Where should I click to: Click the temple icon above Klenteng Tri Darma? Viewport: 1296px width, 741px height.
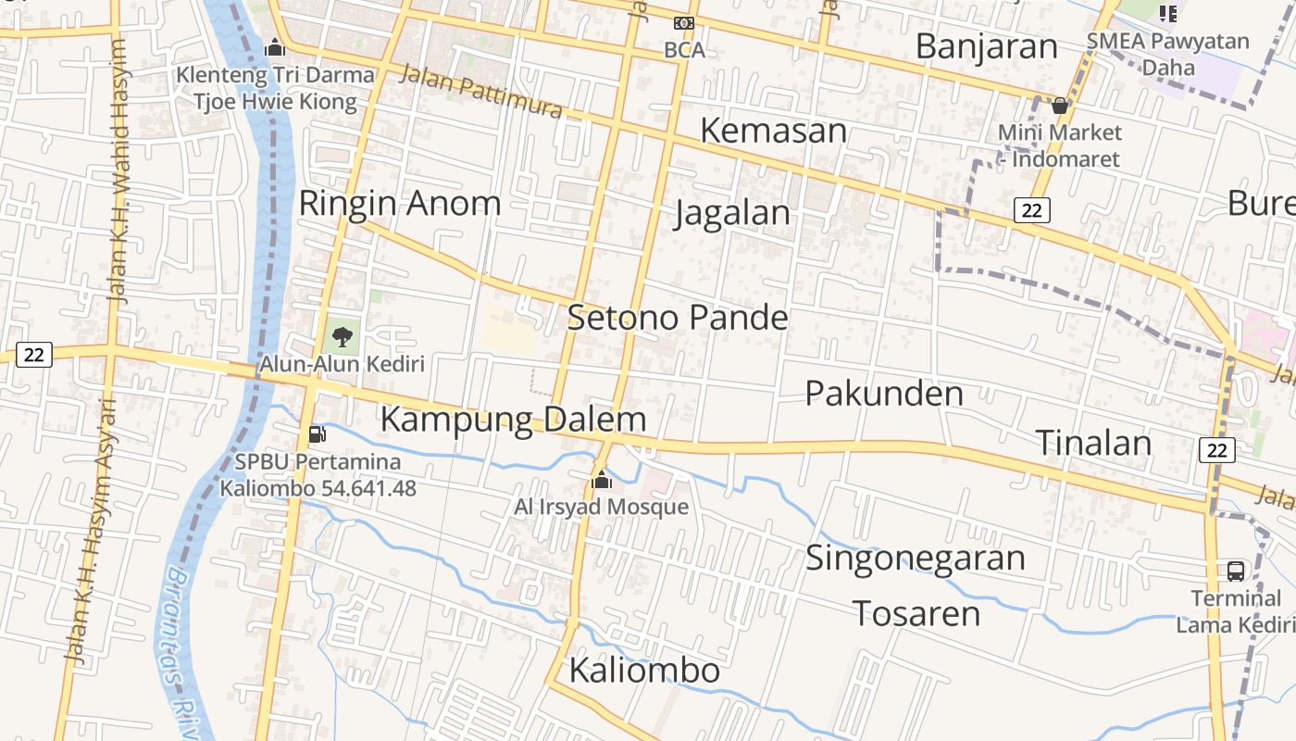[274, 46]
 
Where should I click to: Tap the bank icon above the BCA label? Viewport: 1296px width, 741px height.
[684, 23]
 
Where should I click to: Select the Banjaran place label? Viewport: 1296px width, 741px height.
[986, 46]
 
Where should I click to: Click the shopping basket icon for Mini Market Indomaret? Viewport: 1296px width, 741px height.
[1060, 106]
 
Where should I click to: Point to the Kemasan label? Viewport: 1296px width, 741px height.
[773, 131]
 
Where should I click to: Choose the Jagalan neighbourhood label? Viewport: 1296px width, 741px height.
[732, 213]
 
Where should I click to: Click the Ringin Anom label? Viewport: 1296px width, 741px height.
[399, 203]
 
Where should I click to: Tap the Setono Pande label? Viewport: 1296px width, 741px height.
[677, 318]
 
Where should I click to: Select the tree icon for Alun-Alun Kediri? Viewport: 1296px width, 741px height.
[342, 336]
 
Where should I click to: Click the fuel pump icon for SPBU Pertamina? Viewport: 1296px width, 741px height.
[317, 433]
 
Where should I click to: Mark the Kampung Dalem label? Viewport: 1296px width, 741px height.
[513, 420]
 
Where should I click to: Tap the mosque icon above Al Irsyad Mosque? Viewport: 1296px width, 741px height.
[602, 480]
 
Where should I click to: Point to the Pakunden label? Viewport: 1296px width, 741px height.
[884, 394]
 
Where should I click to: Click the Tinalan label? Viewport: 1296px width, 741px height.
[1092, 443]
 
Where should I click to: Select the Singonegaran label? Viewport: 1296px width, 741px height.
[915, 559]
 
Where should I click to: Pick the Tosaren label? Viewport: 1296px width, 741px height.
[916, 613]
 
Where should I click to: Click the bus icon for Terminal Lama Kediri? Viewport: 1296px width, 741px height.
[1235, 571]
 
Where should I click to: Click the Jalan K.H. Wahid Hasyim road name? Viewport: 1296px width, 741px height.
[119, 171]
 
